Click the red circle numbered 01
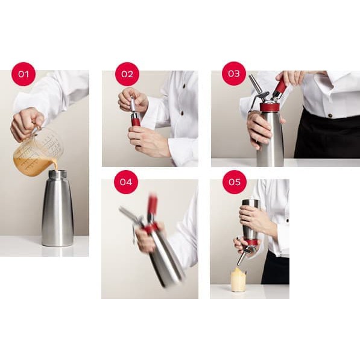(x=24, y=74)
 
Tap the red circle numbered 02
(x=127, y=74)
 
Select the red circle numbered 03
(x=234, y=74)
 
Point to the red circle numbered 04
(x=126, y=182)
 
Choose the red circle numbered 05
(x=235, y=182)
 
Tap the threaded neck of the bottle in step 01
(x=58, y=174)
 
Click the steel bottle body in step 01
(x=58, y=211)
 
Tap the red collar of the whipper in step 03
(x=270, y=107)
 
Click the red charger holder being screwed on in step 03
(x=281, y=86)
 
